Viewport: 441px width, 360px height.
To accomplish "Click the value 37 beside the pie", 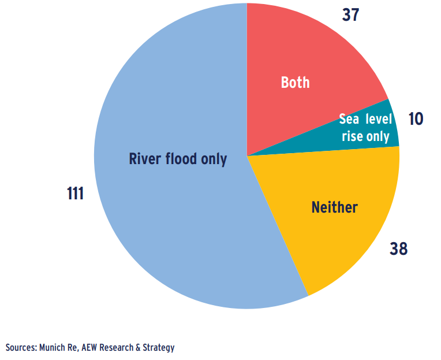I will [350, 14].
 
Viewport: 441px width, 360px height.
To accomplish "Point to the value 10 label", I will [415, 119].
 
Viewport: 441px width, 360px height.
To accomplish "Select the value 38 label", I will [398, 249].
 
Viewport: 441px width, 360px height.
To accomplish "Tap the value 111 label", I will [75, 194].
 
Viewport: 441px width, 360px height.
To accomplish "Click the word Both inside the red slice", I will [295, 83].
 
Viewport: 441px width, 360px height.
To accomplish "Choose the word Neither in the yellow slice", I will [334, 207].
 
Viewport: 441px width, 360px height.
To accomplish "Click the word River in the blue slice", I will [144, 159].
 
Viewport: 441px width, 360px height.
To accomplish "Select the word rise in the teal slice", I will [352, 136].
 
